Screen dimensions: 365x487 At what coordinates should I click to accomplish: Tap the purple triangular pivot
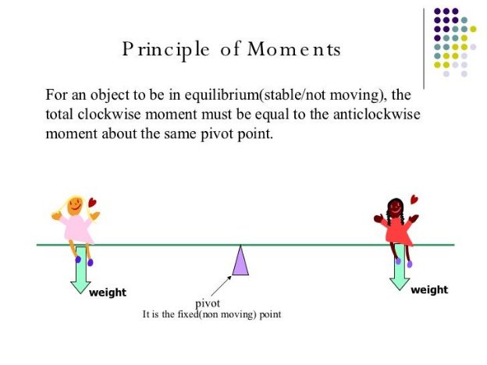tap(240, 260)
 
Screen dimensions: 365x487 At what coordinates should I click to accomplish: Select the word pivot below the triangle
tap(208, 303)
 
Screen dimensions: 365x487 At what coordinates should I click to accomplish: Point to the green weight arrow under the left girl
tap(80, 270)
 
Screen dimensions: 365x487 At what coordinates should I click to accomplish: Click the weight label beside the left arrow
tap(108, 292)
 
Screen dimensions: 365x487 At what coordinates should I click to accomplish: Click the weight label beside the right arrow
tap(429, 289)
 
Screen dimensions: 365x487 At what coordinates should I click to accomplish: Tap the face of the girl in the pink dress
tap(75, 205)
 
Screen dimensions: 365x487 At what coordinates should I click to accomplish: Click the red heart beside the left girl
tap(92, 203)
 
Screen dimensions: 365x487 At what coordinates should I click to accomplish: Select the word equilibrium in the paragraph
tap(183, 96)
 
